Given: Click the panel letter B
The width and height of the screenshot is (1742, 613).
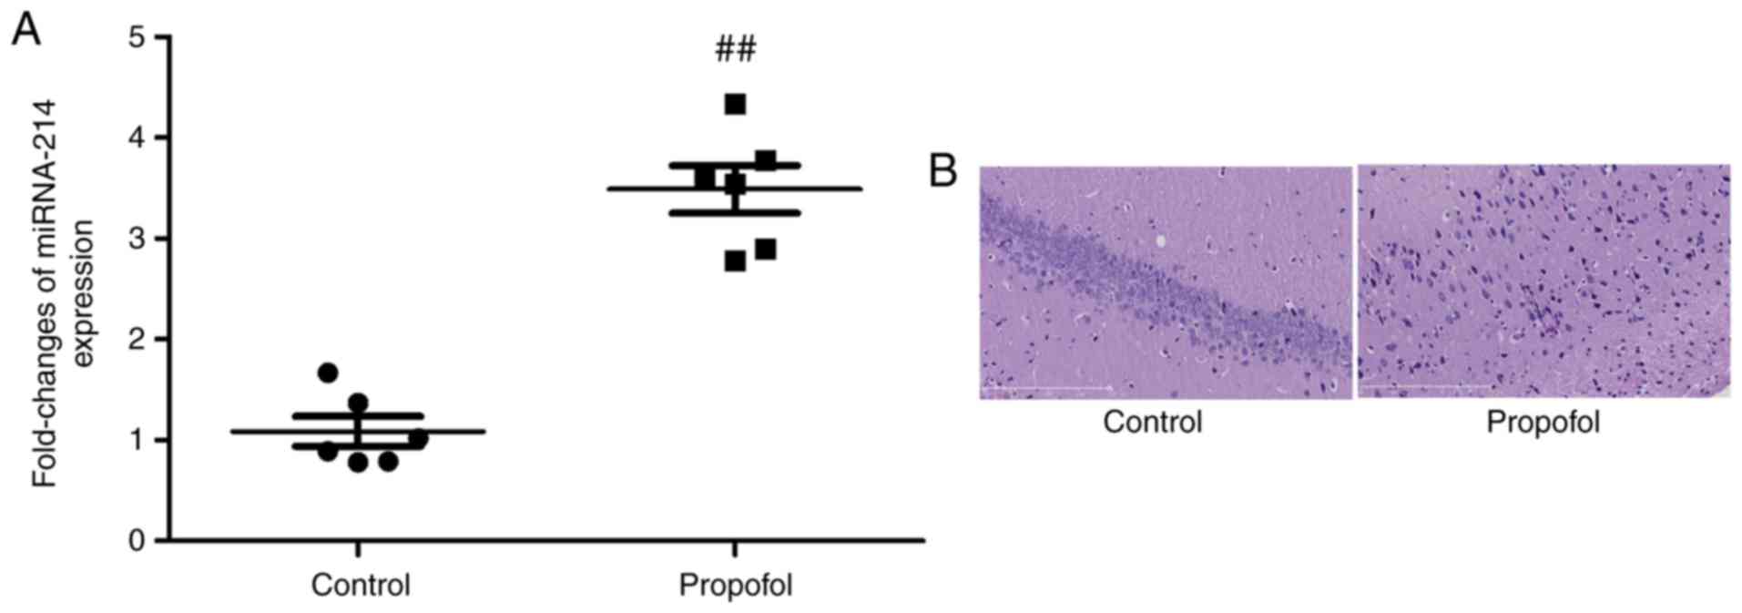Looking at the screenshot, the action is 943,170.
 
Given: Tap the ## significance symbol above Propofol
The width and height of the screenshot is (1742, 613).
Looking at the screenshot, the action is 735,49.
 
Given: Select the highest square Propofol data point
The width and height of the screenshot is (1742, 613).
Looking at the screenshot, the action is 735,105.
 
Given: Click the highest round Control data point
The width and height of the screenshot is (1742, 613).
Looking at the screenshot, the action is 328,373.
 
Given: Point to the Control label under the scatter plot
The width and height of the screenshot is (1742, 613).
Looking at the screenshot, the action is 360,585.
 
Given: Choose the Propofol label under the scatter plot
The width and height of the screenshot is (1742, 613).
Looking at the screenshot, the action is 735,585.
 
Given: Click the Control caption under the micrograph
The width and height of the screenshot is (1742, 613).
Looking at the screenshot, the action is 1152,423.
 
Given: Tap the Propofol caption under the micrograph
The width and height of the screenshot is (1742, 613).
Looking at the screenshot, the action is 1543,423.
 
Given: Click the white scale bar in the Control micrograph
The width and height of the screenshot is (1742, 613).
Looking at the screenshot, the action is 1047,387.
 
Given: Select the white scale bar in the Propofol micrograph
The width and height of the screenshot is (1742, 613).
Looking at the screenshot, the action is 1425,385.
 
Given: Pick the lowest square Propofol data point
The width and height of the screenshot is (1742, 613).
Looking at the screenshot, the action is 735,262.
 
